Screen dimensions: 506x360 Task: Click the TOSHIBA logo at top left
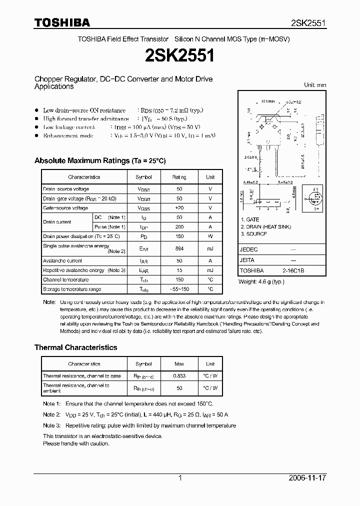pos(62,22)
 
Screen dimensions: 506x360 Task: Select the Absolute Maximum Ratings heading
pos(99,160)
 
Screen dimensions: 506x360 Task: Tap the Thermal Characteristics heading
pos(75,347)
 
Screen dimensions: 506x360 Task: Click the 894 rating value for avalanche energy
pos(179,248)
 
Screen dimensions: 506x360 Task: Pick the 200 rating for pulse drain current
pos(179,227)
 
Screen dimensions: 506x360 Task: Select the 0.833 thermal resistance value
pos(179,376)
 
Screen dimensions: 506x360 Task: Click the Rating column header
pos(179,177)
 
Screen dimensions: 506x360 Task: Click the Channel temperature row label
pos(65,280)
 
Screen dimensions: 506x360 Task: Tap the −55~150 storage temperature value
pos(179,289)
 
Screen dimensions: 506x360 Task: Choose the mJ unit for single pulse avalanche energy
pos(210,248)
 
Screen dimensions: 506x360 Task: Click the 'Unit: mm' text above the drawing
pos(315,85)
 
